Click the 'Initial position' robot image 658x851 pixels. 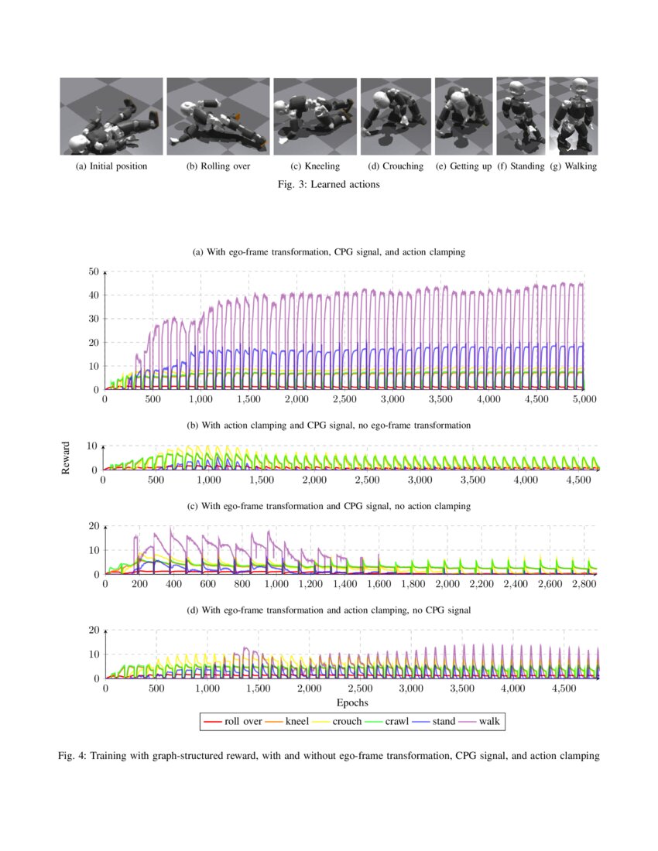tap(111, 117)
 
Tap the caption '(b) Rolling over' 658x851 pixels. tap(219, 166)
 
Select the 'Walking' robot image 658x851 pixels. tap(573, 116)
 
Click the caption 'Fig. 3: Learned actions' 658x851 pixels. tap(329, 185)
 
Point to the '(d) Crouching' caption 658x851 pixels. tap(396, 166)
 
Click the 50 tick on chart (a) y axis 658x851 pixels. tap(93, 272)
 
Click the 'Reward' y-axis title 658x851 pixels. tap(67, 458)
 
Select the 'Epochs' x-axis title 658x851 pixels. tap(351, 702)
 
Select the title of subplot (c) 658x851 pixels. tap(329, 506)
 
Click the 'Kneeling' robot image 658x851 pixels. tap(314, 117)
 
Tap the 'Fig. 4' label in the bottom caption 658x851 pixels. tap(72, 756)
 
